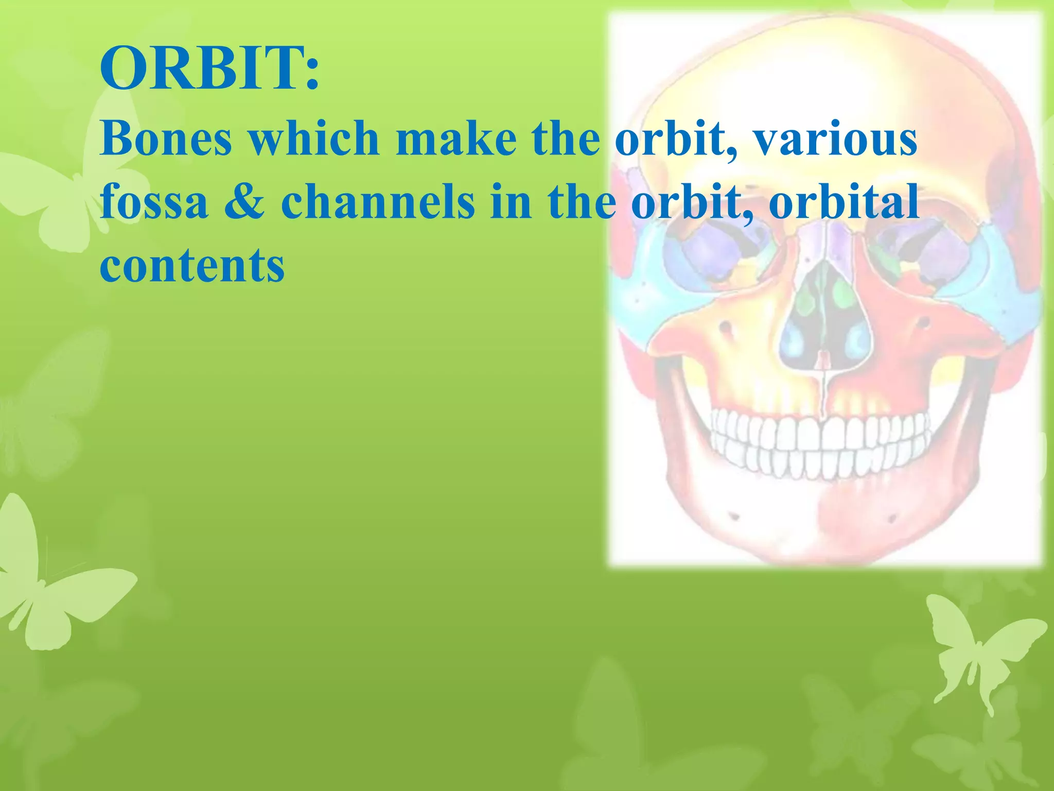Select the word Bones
(x=166, y=139)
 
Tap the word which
(x=314, y=139)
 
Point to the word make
(x=456, y=139)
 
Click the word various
(x=835, y=139)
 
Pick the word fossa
(x=154, y=202)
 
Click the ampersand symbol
(x=244, y=202)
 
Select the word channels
(x=377, y=202)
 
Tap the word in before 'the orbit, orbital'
(x=511, y=202)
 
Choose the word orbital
(x=844, y=202)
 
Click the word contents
(x=191, y=266)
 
